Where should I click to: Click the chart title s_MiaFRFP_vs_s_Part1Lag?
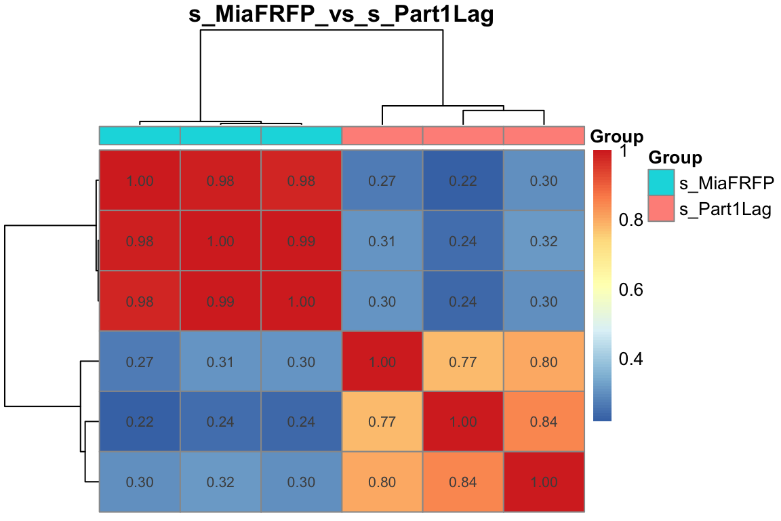341,14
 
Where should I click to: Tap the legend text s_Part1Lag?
725,210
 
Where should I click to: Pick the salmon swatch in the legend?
661,209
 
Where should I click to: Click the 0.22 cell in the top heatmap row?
463,180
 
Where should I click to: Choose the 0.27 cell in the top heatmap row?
382,180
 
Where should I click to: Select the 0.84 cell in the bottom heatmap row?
463,482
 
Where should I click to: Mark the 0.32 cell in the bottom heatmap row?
220,482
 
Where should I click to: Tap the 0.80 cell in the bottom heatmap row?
382,482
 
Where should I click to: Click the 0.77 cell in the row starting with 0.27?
463,362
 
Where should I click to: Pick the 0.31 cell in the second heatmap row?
382,241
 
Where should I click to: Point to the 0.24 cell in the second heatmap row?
463,241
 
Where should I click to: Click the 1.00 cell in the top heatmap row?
140,180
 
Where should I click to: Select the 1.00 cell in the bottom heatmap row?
544,482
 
